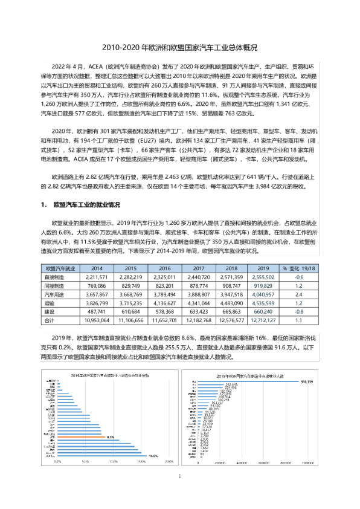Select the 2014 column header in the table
(x=97, y=267)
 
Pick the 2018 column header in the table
(x=231, y=267)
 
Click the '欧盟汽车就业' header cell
(x=60, y=267)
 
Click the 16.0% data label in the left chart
(x=153, y=456)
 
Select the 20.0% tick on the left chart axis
(x=168, y=462)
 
